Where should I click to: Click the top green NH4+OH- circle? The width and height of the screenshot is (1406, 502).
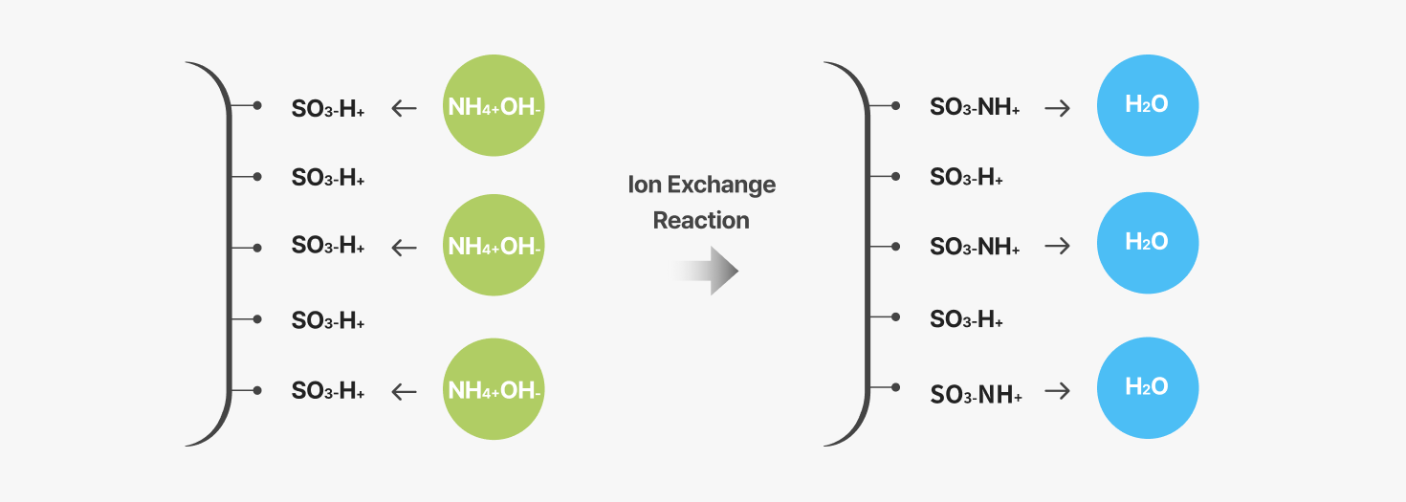coord(494,105)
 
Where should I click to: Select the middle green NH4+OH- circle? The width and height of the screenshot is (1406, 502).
coord(494,245)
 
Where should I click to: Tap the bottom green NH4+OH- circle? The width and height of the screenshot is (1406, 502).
coord(494,389)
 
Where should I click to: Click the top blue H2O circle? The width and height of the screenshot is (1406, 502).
coord(1148,105)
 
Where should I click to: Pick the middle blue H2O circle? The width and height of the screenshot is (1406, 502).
coord(1148,243)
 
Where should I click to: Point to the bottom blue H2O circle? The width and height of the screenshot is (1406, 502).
coord(1148,388)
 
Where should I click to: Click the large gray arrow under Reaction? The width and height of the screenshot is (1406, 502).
coord(706,271)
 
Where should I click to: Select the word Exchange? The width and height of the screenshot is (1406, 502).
coord(721,185)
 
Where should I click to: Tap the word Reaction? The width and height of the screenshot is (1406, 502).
coord(701,220)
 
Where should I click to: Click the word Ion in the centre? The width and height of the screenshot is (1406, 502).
coord(644,185)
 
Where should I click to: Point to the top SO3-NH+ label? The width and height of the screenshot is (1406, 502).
coord(975,107)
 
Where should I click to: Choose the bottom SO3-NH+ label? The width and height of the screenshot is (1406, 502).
coord(976,395)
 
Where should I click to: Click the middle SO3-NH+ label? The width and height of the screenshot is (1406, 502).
coord(975,247)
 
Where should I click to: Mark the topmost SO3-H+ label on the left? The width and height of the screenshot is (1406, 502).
coord(328,109)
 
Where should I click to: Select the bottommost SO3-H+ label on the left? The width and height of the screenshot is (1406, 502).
coord(328,391)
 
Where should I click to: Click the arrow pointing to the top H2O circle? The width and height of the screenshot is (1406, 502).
coord(1058,109)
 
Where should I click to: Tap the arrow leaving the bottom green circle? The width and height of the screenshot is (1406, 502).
coord(404,392)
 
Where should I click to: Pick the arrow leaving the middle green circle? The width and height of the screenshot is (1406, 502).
coord(404,248)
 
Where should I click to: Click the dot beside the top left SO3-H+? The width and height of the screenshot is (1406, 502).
coord(257,105)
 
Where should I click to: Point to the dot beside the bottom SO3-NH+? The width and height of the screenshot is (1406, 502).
coord(895,387)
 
